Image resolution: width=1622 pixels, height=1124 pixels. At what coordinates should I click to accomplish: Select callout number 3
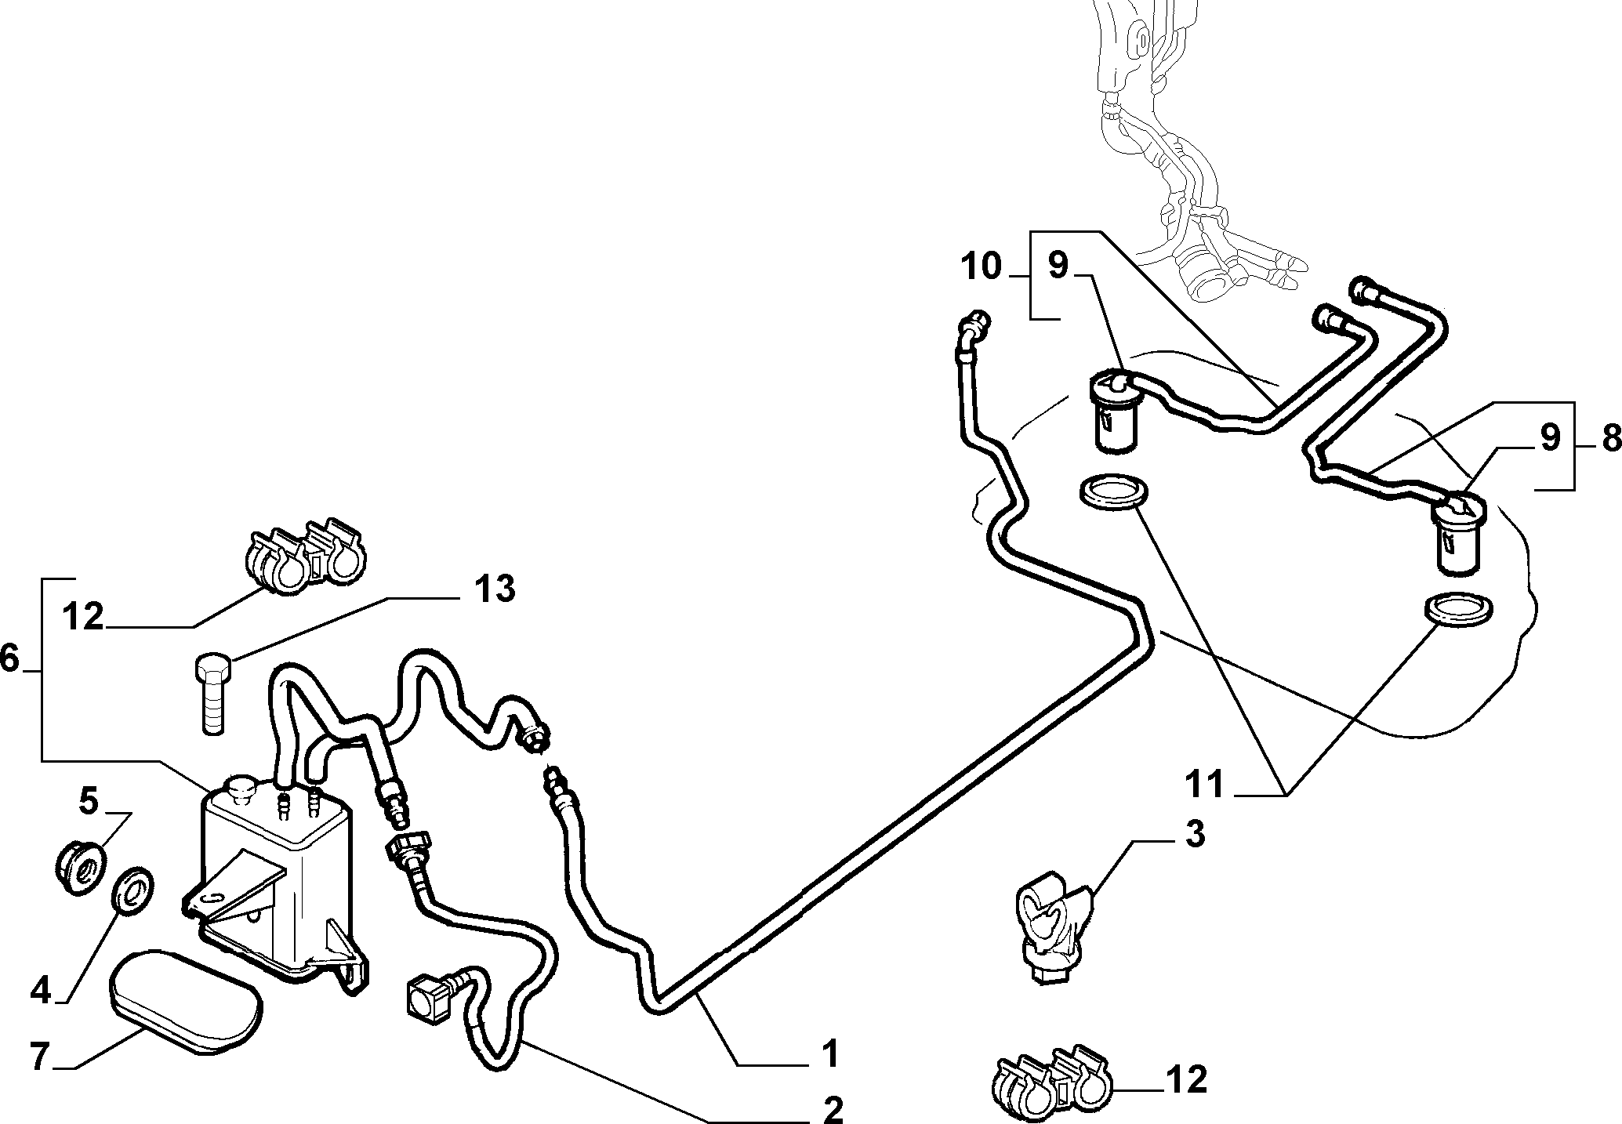pos(1194,836)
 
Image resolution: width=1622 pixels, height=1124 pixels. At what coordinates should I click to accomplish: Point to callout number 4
pos(40,990)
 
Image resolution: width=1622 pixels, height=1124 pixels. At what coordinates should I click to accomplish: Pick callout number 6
pos(9,659)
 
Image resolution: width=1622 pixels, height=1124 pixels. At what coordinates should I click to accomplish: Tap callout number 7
pos(41,1057)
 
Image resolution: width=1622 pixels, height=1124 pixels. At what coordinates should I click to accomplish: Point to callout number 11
pos(1205,784)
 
